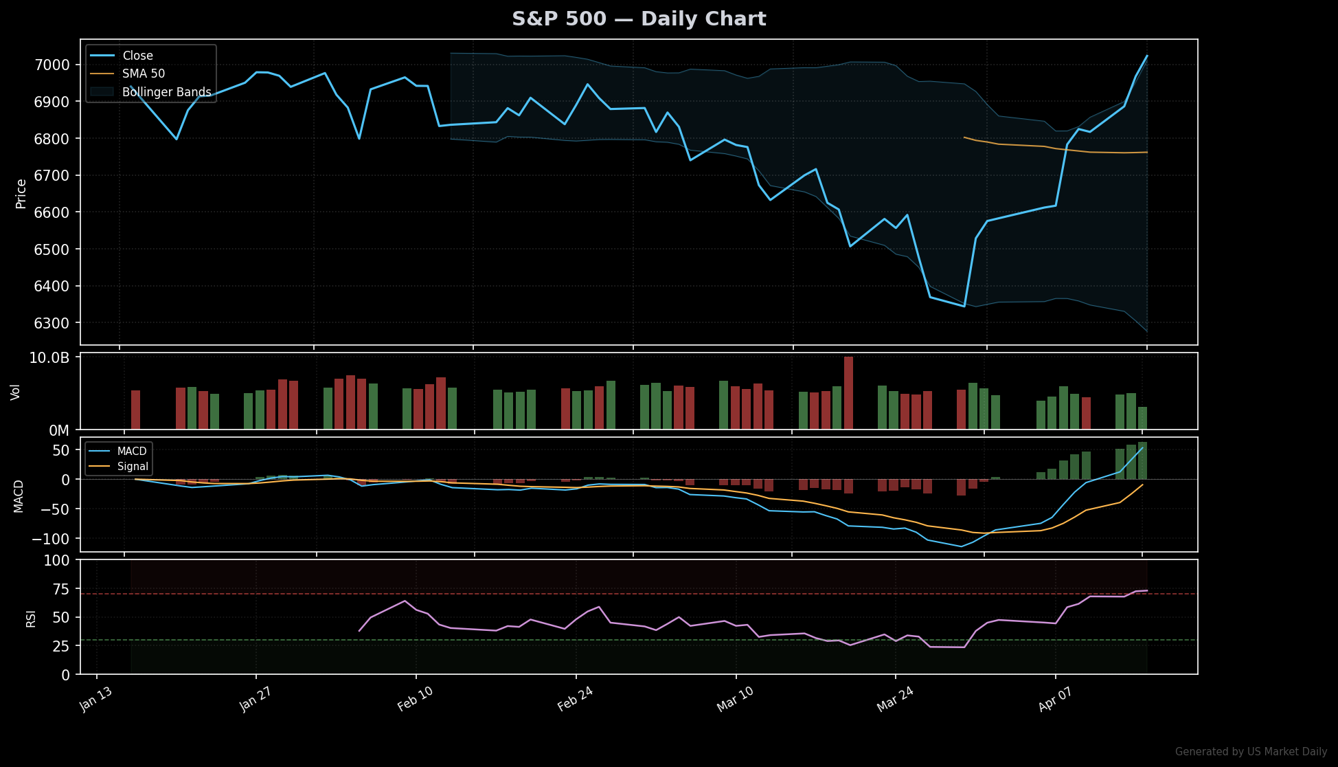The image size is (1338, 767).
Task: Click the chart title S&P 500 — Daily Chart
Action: pos(639,19)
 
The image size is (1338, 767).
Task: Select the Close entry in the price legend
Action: pos(137,56)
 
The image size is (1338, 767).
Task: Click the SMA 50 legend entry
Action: pos(144,74)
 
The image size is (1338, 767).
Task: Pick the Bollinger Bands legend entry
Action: pos(166,92)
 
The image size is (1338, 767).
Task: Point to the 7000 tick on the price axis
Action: pos(52,65)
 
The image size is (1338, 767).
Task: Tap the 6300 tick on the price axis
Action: pos(52,323)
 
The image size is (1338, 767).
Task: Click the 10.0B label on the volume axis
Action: pos(49,357)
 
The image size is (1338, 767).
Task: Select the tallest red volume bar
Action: pos(848,392)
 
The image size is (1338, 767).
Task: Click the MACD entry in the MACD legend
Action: pos(132,452)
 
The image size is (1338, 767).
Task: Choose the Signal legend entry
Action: pos(133,467)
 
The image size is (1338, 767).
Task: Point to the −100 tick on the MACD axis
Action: pos(50,538)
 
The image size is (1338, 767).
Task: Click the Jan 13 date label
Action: pos(95,700)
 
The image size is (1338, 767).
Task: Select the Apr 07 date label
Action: pos(1055,700)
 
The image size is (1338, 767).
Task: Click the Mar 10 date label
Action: pos(735,700)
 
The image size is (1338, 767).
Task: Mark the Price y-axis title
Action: pos(21,193)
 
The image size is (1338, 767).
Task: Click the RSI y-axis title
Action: pos(31,619)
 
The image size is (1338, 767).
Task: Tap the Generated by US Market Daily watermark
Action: pos(1251,752)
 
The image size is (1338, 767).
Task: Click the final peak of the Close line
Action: pos(1146,56)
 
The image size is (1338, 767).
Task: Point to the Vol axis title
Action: pos(16,392)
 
